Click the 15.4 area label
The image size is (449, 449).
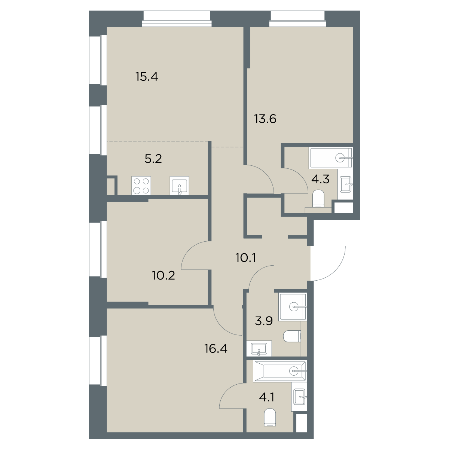click(147, 76)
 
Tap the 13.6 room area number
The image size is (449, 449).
click(265, 119)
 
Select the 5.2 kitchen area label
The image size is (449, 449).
click(153, 159)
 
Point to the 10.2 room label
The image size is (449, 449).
click(164, 276)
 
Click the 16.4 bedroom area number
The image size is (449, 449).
click(216, 349)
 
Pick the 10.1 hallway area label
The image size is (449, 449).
click(246, 258)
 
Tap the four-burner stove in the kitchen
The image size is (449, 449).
click(141, 186)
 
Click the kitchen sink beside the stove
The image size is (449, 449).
click(180, 186)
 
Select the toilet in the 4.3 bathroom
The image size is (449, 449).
click(318, 199)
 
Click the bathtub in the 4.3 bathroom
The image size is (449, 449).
click(331, 158)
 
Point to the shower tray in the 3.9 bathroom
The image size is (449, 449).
click(293, 307)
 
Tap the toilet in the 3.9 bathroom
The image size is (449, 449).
click(292, 336)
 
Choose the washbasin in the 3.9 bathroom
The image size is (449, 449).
click(259, 348)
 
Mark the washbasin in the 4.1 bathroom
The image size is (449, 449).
click(299, 397)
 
